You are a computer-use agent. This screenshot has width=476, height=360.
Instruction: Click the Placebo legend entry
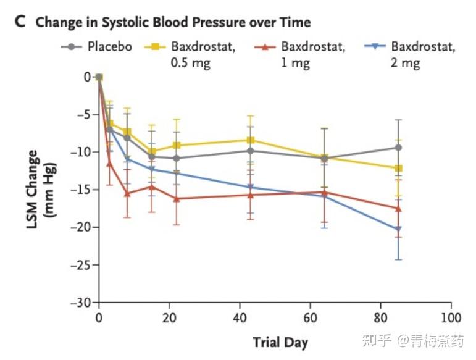(x=109, y=46)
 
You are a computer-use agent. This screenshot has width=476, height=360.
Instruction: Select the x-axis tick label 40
(x=240, y=318)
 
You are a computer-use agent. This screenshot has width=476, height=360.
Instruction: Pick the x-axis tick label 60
(x=310, y=318)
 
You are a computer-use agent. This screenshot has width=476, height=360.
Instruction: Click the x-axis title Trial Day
(x=280, y=341)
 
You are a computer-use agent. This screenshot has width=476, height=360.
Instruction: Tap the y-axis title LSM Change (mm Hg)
(x=40, y=190)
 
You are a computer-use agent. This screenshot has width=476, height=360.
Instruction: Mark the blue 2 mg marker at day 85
(x=398, y=230)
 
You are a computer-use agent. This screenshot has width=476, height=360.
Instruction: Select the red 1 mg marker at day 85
(x=398, y=208)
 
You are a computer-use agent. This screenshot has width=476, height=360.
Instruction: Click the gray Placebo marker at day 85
(x=398, y=148)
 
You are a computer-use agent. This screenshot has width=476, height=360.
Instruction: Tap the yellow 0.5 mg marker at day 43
(x=250, y=140)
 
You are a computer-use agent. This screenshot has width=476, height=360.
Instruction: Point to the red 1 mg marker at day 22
(x=177, y=199)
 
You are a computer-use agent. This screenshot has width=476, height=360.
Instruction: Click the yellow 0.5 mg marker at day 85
(x=398, y=168)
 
